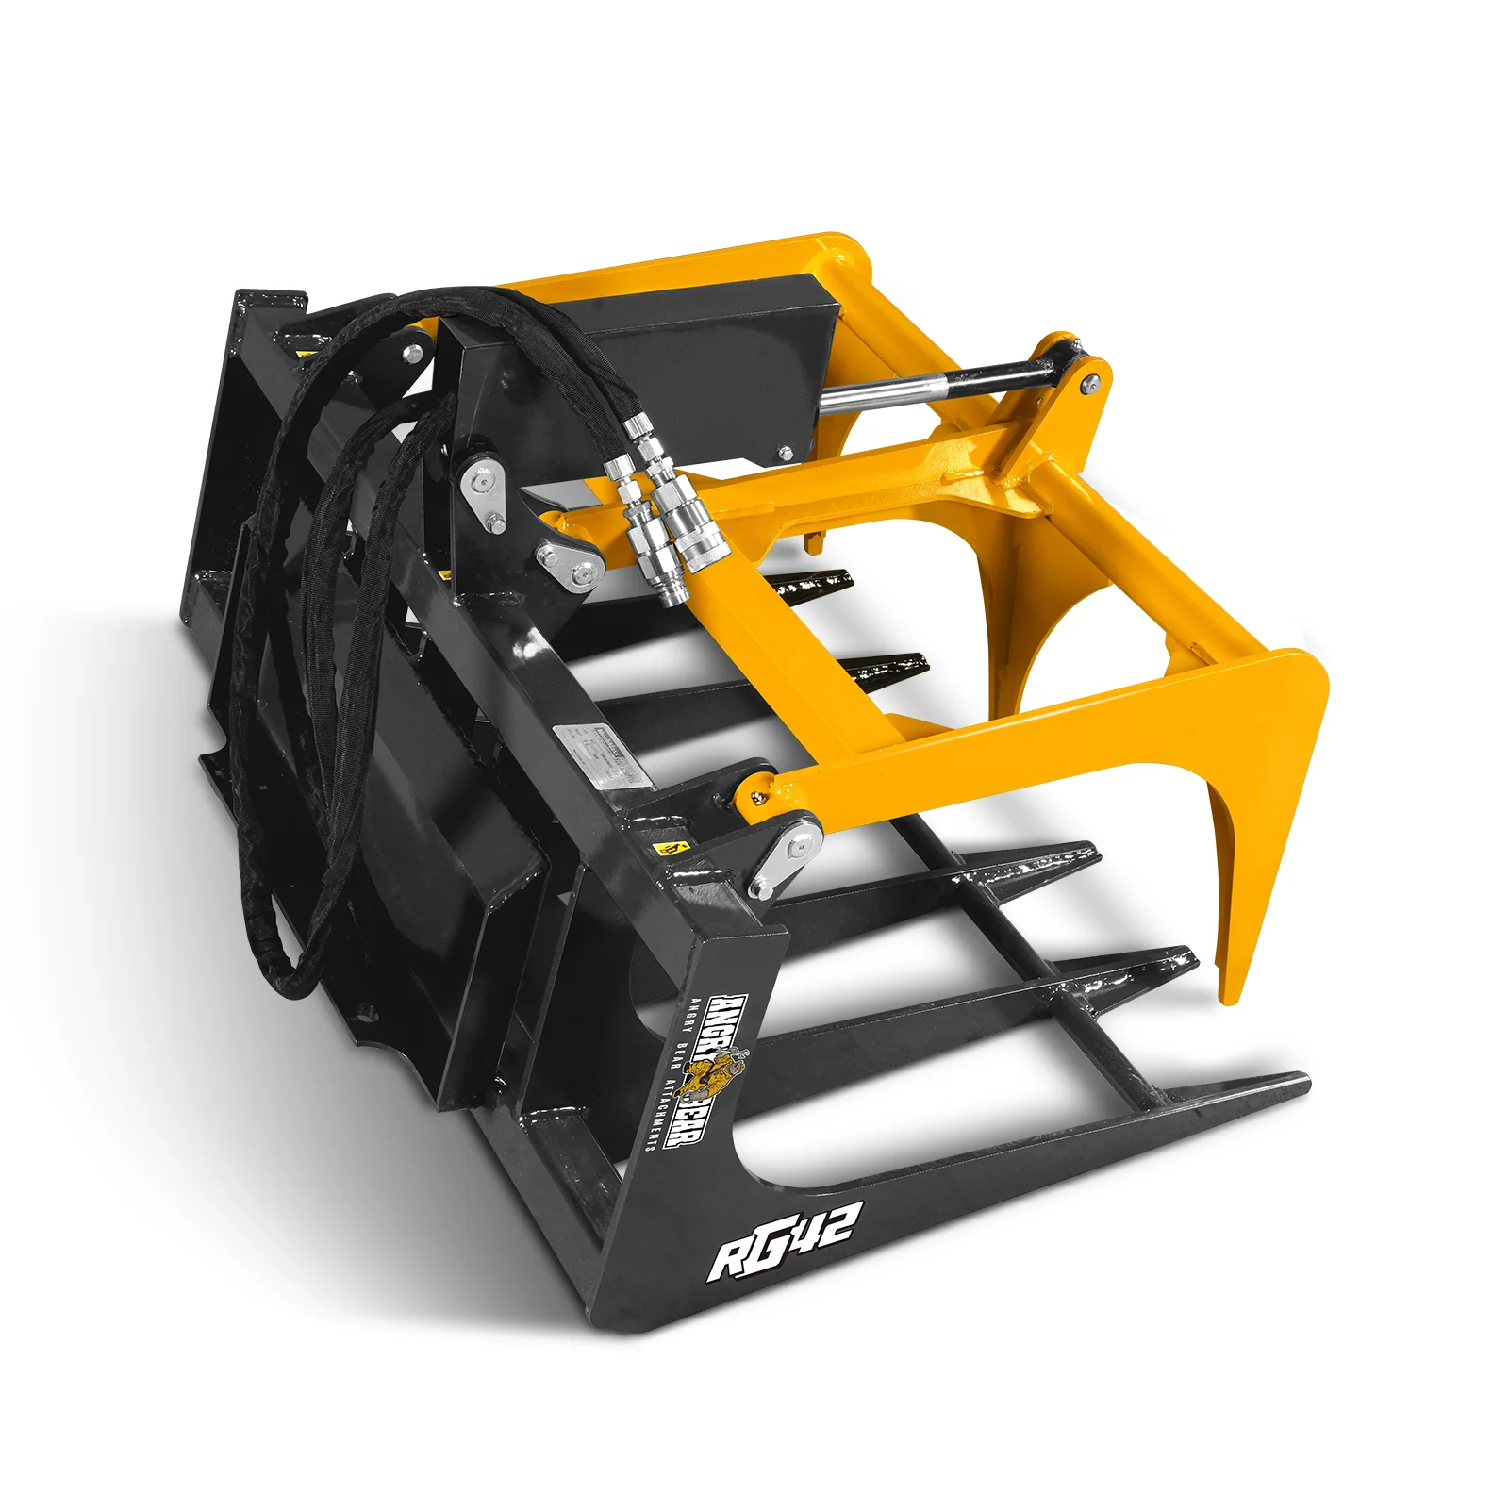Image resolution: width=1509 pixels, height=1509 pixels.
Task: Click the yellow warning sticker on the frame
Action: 672,846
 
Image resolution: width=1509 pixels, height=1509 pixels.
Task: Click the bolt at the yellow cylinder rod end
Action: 1089,382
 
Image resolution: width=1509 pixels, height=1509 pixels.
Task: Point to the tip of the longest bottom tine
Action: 1302,1080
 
